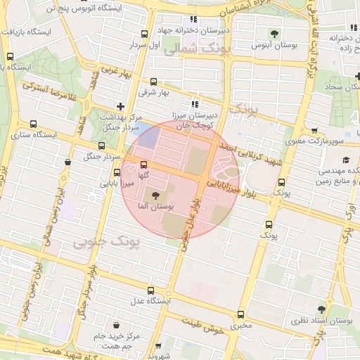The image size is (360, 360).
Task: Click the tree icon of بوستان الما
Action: click(155, 195)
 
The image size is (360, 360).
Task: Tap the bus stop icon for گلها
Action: click(144, 165)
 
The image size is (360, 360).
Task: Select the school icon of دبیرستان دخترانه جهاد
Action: click(193, 20)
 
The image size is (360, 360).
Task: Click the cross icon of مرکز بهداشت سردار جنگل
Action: click(121, 105)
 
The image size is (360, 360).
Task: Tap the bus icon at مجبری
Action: click(242, 314)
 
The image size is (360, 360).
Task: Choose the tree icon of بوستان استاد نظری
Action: click(321, 309)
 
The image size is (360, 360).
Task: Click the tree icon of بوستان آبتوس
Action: click(274, 33)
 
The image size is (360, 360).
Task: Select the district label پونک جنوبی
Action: click(107, 241)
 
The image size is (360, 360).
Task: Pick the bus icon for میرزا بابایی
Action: click(117, 172)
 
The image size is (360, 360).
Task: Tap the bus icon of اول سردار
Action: click(144, 33)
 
